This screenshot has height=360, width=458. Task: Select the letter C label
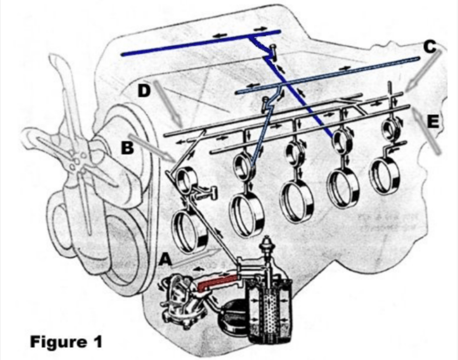click(429, 47)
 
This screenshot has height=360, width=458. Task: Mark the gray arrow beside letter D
click(168, 103)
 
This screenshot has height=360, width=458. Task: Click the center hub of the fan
click(75, 163)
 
